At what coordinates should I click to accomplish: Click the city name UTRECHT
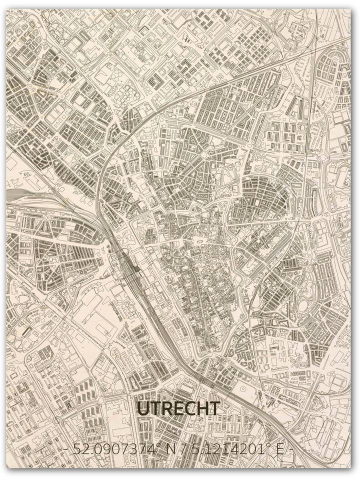click(178, 408)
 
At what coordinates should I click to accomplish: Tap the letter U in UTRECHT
click(143, 408)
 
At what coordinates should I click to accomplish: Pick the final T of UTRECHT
click(214, 408)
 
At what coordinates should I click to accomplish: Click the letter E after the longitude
click(278, 449)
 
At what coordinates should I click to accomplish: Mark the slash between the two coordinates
click(186, 449)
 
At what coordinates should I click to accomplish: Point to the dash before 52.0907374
click(67, 449)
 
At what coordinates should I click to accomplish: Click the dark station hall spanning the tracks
click(131, 270)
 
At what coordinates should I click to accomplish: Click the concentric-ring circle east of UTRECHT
click(243, 389)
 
